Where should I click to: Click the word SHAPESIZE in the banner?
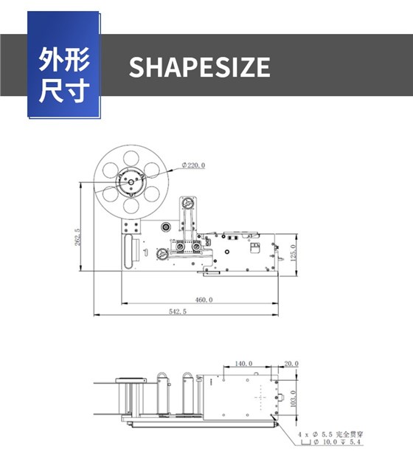[x=199, y=66]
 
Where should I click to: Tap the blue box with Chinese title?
[x=63, y=64]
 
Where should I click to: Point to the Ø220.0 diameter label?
[x=193, y=165]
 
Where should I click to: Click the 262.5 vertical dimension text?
[x=77, y=237]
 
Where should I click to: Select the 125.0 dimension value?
[x=293, y=253]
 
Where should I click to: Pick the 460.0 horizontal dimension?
[x=204, y=300]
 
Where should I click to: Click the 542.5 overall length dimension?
[x=178, y=311]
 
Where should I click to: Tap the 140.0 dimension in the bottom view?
[x=243, y=363]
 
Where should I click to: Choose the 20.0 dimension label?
[x=291, y=364]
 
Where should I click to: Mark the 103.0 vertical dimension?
[x=293, y=399]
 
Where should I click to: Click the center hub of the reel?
[x=131, y=182]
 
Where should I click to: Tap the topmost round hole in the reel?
[x=131, y=159]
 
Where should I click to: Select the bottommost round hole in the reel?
[x=131, y=206]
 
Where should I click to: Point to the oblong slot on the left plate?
[x=128, y=252]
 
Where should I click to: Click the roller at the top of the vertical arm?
[x=187, y=203]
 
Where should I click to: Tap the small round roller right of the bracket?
[x=166, y=227]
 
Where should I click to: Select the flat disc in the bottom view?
[x=131, y=380]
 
